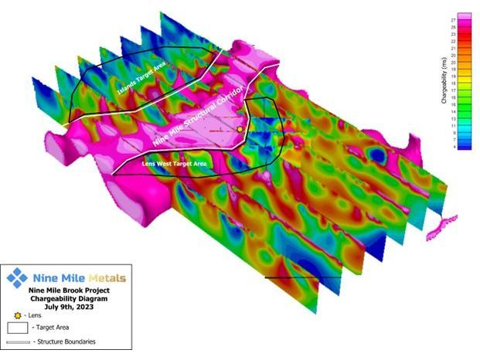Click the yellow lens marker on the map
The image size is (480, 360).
[240, 129]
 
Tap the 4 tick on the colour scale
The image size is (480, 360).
[452, 145]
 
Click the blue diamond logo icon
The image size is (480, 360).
[17, 277]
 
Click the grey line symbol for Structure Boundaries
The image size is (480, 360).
[17, 341]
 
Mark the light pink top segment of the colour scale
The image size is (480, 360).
[464, 17]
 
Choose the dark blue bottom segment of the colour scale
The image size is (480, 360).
[464, 145]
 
